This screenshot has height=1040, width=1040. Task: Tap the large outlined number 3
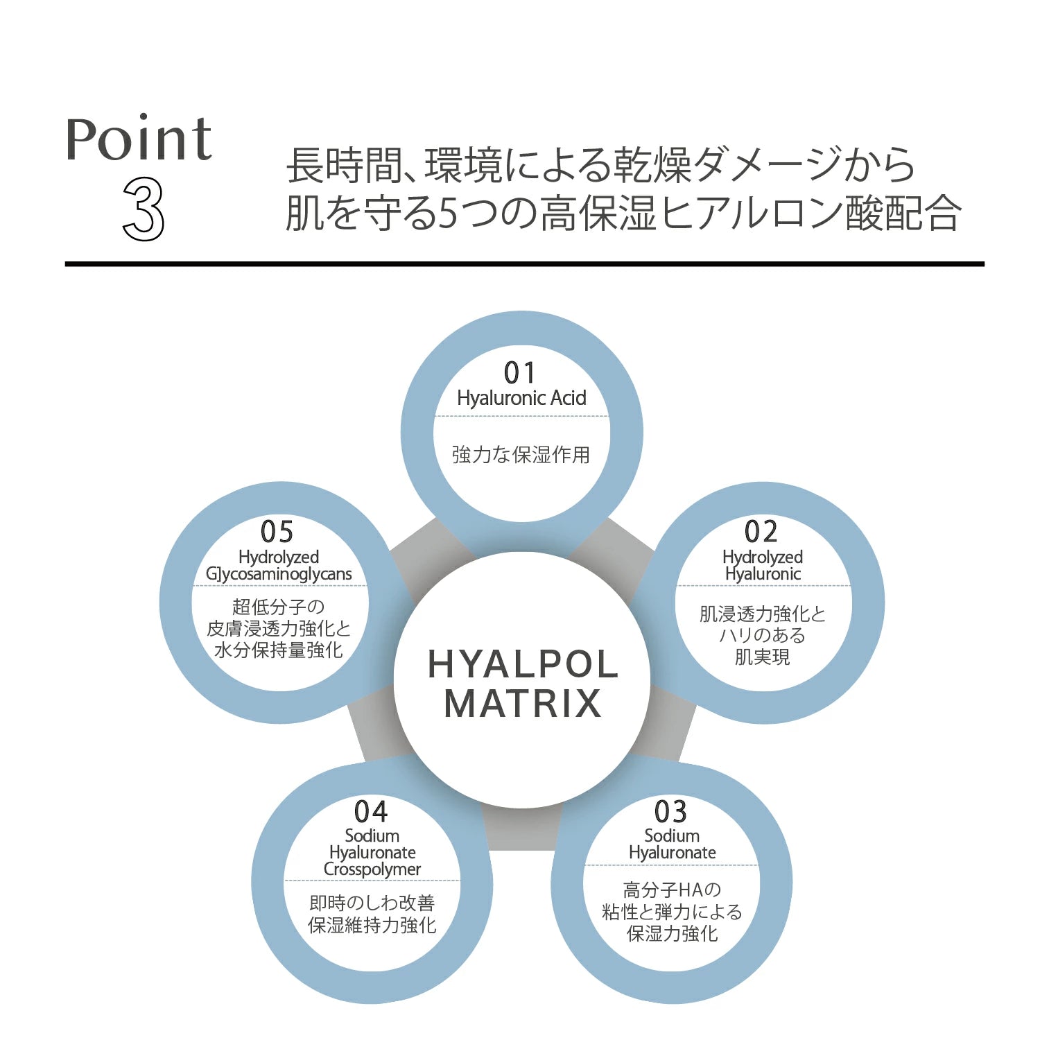coord(144,209)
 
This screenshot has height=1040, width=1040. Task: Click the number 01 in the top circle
coord(520,373)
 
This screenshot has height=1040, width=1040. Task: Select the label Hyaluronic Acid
coord(521,398)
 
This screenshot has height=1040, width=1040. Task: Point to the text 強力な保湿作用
coord(521,455)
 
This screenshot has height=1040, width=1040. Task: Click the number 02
coord(761,532)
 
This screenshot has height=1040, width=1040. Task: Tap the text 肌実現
coord(762,657)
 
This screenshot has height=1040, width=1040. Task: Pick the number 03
coord(670,811)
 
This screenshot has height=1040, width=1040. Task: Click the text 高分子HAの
coord(672,890)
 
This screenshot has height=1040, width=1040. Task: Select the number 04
coord(371,811)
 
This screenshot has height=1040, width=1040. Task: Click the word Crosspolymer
coord(372,869)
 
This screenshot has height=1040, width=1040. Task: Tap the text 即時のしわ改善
coord(372,903)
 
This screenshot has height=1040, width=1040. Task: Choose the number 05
coord(277,532)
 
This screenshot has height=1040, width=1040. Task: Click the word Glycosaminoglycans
coord(279,575)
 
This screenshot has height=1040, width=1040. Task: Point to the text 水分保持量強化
coord(279,650)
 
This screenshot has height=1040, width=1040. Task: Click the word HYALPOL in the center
coord(523,664)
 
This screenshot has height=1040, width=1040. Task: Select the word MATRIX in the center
coord(523,704)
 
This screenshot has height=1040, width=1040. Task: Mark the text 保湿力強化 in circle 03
coord(672,934)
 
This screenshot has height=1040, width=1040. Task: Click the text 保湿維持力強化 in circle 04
coord(372,925)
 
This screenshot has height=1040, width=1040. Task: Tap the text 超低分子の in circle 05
coord(279,607)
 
